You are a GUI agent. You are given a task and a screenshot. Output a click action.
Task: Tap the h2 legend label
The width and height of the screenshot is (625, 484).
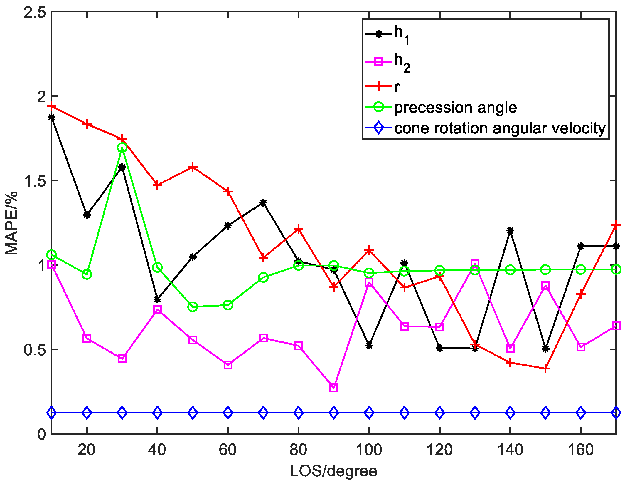point(402,62)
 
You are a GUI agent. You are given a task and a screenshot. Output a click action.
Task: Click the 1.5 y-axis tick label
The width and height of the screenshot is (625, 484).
point(35,181)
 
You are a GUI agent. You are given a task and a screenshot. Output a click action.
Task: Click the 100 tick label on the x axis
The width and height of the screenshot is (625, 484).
point(369,450)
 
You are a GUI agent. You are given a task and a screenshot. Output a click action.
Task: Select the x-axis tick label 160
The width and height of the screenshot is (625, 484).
point(580,450)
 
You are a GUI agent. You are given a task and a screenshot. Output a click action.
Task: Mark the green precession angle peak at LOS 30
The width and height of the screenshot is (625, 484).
point(122,148)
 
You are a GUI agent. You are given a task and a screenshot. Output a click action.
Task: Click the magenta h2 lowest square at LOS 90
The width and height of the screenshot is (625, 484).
point(334,388)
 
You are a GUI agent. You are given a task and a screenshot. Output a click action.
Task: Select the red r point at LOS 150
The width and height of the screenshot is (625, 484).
point(545,369)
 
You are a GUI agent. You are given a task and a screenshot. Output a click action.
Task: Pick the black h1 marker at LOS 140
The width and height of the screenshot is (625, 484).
point(510,231)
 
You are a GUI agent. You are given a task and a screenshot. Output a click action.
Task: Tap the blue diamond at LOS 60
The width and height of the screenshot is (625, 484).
point(228,413)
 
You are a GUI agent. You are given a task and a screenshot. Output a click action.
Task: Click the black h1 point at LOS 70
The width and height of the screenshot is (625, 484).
point(263,203)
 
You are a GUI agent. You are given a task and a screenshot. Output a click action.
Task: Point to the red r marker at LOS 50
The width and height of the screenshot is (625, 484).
point(193,168)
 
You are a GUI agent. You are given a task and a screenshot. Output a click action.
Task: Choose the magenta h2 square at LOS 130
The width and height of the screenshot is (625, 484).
point(475,264)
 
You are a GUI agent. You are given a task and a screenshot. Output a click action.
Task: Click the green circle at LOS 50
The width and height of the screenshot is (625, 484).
point(193,307)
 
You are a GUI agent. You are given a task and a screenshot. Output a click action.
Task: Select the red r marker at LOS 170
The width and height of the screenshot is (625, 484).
point(616,225)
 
